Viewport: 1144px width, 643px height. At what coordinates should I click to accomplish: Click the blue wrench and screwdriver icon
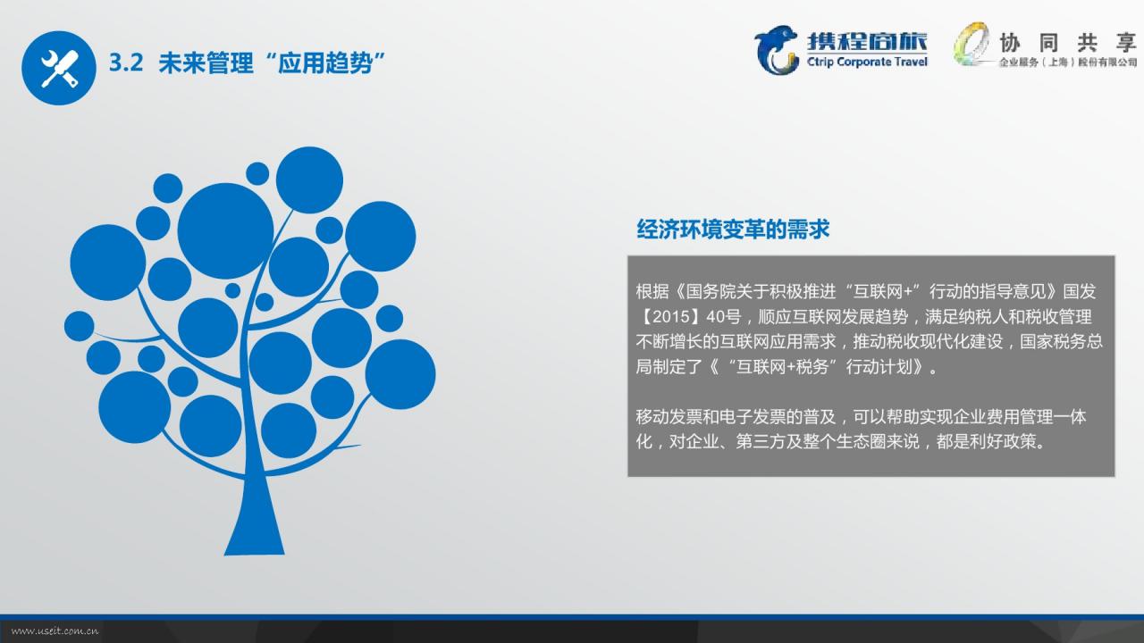[x=59, y=68]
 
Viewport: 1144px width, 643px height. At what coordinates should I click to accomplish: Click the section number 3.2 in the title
[x=126, y=63]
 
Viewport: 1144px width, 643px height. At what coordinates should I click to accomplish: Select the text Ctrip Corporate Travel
[x=867, y=62]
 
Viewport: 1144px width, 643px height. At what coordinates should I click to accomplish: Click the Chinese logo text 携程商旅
[x=867, y=41]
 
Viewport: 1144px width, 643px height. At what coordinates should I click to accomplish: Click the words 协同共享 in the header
[x=1067, y=43]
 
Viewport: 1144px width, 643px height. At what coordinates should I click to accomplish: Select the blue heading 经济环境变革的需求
[x=733, y=230]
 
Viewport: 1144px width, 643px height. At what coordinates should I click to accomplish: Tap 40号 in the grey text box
[x=723, y=316]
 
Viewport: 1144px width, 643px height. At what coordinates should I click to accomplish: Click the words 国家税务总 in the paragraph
[x=1061, y=341]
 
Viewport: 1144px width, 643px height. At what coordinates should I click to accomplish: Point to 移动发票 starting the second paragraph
[x=669, y=416]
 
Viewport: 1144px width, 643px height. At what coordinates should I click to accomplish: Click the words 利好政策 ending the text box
[x=1003, y=441]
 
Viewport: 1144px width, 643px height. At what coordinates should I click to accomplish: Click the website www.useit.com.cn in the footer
[x=55, y=631]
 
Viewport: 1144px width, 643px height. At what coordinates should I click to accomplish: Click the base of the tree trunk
[x=255, y=551]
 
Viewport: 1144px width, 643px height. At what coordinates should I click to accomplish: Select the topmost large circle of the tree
[x=309, y=180]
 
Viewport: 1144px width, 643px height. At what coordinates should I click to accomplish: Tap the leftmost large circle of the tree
[x=108, y=263]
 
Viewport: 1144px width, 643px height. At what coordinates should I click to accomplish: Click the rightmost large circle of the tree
[x=400, y=374]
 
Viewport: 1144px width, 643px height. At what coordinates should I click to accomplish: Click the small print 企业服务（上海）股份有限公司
[x=1068, y=63]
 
